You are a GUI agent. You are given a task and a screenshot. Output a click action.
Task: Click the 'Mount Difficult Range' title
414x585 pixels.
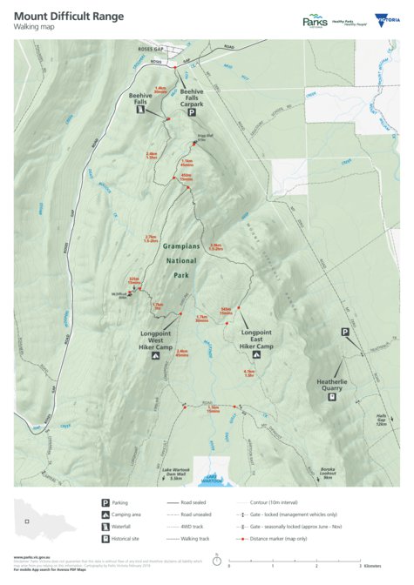[x=68, y=16]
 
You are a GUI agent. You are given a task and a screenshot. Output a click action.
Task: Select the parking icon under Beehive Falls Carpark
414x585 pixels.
[x=193, y=112]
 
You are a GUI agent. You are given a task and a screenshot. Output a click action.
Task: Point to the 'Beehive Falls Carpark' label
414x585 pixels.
[x=193, y=95]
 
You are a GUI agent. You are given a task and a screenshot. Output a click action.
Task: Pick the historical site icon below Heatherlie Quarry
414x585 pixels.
[x=332, y=398]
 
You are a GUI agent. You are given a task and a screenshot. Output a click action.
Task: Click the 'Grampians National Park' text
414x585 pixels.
[x=180, y=260]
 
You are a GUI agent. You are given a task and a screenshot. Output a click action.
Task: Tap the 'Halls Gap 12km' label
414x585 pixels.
[x=381, y=419]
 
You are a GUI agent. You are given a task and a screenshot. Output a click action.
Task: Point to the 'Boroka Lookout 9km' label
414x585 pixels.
[x=328, y=474]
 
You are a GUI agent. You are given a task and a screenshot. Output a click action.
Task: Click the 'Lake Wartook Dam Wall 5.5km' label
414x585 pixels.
[x=175, y=474]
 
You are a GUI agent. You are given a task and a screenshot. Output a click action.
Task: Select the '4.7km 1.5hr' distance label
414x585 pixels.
[x=248, y=373]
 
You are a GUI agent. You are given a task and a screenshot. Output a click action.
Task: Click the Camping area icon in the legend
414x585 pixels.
[x=105, y=515]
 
